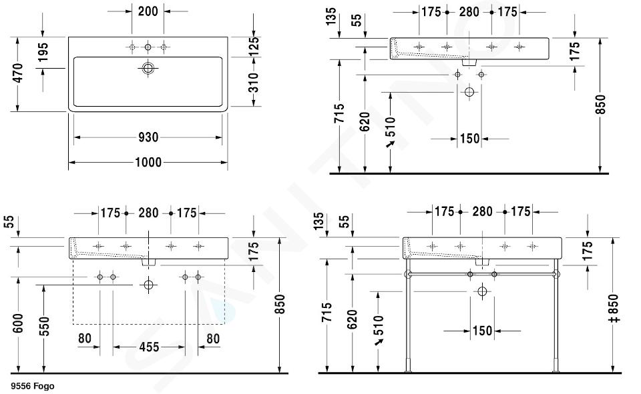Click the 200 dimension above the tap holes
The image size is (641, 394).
point(148,11)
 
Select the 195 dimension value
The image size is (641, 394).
point(43,52)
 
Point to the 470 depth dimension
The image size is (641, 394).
point(18,73)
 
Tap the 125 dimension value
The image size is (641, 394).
point(254,47)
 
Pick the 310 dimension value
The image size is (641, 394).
point(254,83)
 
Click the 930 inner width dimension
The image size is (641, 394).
point(148,137)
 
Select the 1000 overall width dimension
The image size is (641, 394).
point(148,162)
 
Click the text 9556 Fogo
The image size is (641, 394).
point(33,386)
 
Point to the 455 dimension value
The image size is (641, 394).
point(149,347)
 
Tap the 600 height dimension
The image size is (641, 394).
point(18,323)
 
